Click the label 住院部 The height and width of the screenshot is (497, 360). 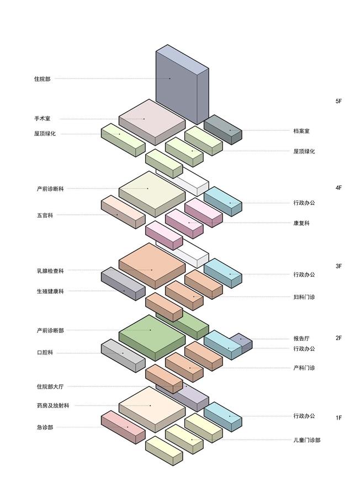[x=42, y=78]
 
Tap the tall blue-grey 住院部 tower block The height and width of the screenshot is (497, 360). [x=182, y=84]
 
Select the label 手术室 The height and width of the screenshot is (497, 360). [x=42, y=119]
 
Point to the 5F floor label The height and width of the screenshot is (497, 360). [x=338, y=101]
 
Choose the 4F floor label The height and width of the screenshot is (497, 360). [x=338, y=188]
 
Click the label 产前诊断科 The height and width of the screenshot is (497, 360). [x=50, y=189]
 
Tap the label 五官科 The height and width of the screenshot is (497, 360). [x=45, y=215]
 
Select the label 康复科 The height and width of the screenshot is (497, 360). [x=301, y=223]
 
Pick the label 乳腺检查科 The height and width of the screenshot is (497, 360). [x=50, y=271]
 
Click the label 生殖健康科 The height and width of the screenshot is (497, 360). [x=50, y=291]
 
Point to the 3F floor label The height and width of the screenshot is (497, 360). [x=338, y=266]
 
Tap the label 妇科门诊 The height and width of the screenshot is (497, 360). [x=304, y=297]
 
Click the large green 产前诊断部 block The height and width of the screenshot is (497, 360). [x=152, y=337]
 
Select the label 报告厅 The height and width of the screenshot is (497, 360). [x=301, y=339]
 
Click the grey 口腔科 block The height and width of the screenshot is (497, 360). [x=123, y=356]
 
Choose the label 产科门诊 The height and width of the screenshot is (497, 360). [x=304, y=368]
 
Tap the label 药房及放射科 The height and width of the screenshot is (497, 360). [x=53, y=405]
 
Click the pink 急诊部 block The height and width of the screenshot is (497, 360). [x=123, y=427]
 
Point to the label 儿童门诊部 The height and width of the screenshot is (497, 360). [x=307, y=440]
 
